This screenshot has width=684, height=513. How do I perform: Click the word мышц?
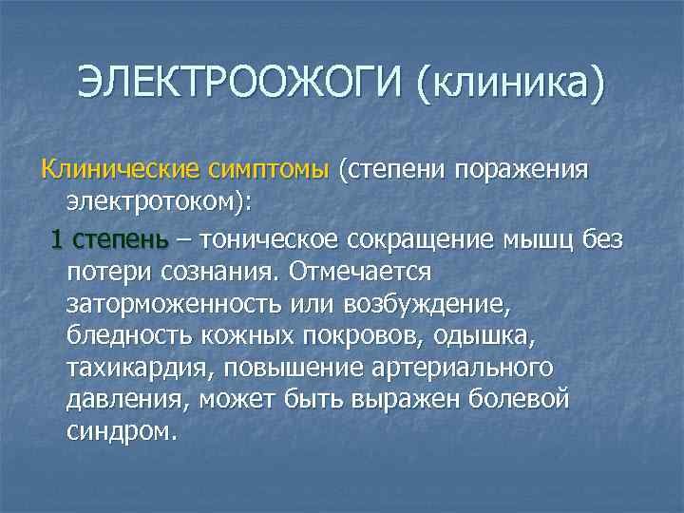tap(540, 238)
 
